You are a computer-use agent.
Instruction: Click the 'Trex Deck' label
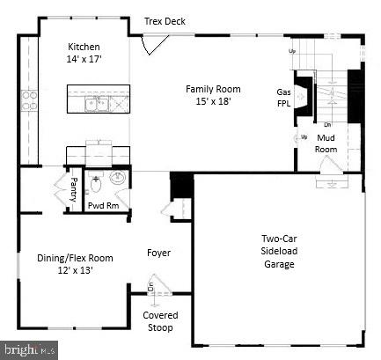[x=165, y=20]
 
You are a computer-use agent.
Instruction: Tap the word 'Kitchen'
[x=84, y=47]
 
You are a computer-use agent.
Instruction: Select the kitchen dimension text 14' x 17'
[x=84, y=59]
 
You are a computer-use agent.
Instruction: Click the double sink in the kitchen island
[x=98, y=104]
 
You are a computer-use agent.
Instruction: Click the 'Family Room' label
[x=212, y=88]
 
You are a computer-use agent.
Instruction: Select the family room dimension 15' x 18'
[x=212, y=101]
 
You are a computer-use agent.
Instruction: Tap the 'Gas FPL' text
[x=284, y=98]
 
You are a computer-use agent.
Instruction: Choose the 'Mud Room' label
[x=326, y=143]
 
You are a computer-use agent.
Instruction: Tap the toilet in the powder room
[x=98, y=189]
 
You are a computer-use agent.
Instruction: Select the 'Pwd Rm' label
[x=104, y=205]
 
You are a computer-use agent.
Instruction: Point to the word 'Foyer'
[x=158, y=253]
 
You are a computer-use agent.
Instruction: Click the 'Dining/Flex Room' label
[x=75, y=258]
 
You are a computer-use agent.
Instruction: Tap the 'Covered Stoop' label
[x=160, y=321]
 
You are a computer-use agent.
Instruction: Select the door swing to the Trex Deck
[x=155, y=42]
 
